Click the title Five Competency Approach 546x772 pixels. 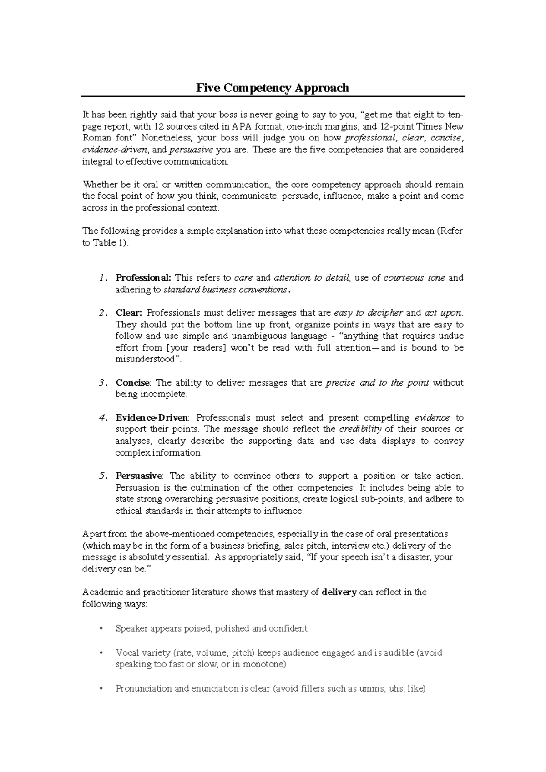click(272, 88)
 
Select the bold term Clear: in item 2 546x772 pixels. click(129, 313)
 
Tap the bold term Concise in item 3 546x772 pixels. click(132, 383)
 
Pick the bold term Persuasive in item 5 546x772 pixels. click(139, 476)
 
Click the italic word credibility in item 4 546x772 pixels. click(360, 429)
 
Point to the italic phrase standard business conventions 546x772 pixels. click(225, 290)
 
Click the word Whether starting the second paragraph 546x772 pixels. click(99, 185)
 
